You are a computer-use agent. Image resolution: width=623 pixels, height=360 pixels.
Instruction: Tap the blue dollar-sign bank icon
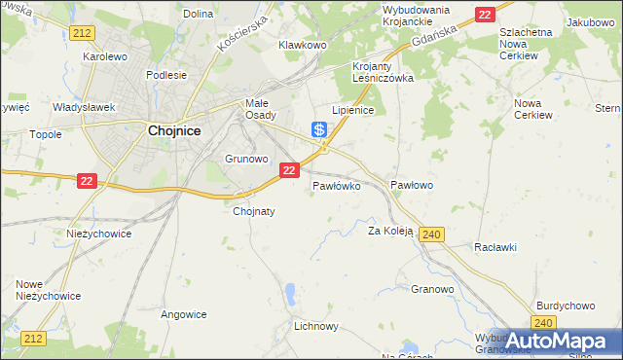click(318, 128)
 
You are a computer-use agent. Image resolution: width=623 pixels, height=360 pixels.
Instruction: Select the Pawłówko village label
click(337, 184)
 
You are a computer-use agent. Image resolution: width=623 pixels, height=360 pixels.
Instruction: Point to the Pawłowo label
click(411, 184)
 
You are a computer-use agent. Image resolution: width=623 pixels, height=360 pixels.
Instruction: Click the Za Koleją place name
click(390, 232)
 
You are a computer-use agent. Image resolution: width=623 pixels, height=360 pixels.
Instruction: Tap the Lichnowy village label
click(315, 327)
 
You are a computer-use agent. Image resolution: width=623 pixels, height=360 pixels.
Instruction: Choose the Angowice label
click(184, 314)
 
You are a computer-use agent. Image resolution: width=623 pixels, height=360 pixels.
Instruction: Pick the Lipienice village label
click(353, 111)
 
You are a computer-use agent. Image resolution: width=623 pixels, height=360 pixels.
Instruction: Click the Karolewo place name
click(105, 56)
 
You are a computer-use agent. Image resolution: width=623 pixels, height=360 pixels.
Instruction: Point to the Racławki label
click(495, 247)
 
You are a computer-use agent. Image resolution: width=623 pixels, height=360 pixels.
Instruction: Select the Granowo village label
click(432, 289)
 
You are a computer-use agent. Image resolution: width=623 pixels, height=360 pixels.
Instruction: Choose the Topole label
click(46, 134)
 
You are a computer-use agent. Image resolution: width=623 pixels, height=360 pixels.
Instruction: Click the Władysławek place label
click(85, 107)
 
